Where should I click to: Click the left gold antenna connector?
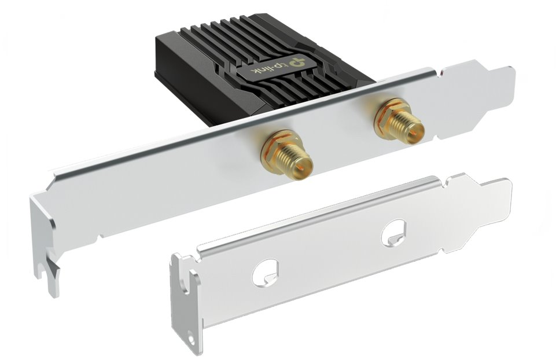tap(286, 156)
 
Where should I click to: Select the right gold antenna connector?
tap(399, 124)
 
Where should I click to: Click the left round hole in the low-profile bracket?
tap(265, 271)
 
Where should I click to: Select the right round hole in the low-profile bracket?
tap(393, 233)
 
